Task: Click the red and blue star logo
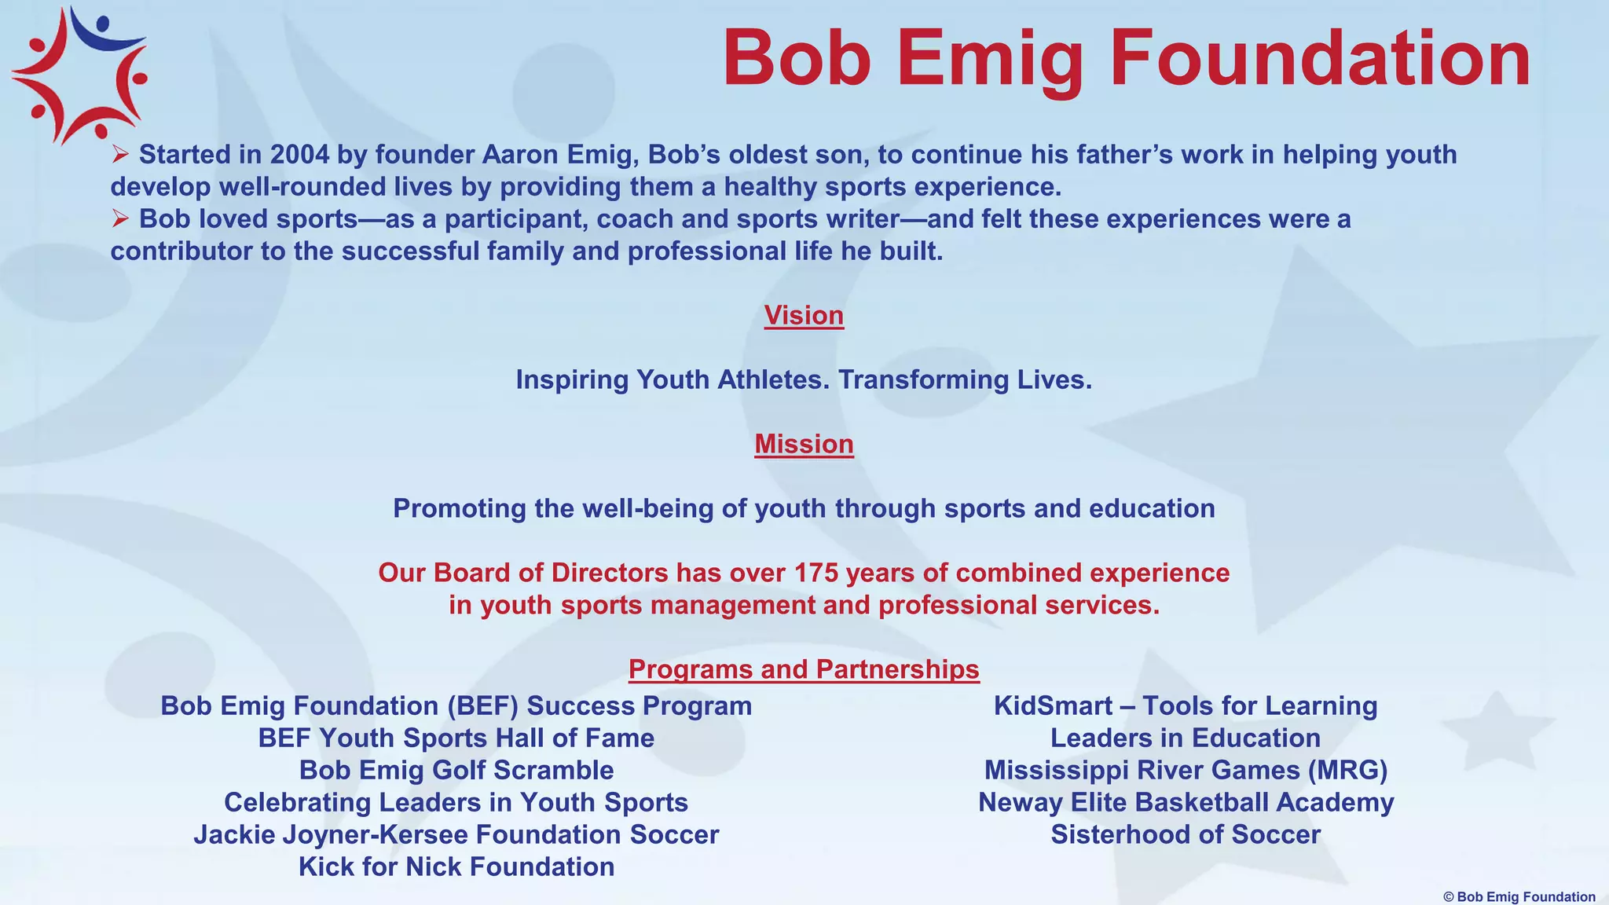(x=79, y=75)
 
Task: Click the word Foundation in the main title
(x=1320, y=60)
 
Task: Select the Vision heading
(x=804, y=316)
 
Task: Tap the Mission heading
(x=804, y=445)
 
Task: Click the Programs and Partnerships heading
(x=804, y=669)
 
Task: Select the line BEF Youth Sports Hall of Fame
(x=456, y=738)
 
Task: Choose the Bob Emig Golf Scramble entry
(x=456, y=771)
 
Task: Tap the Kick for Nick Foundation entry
(x=456, y=867)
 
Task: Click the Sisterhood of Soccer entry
(x=1186, y=835)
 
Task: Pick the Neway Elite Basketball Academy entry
(x=1186, y=803)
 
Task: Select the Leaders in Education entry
(x=1186, y=738)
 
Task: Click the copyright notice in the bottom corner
(x=1519, y=897)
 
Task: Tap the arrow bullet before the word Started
(x=120, y=154)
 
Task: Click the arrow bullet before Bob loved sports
(x=120, y=218)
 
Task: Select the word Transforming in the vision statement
(x=924, y=380)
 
